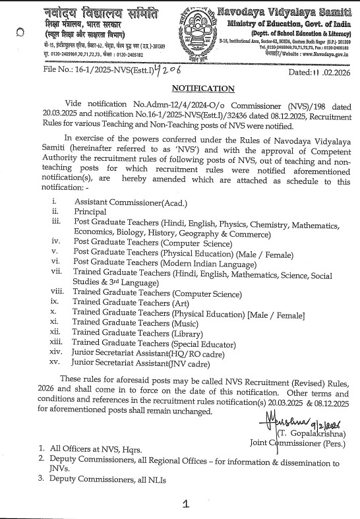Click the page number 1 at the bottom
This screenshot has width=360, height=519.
click(x=187, y=504)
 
